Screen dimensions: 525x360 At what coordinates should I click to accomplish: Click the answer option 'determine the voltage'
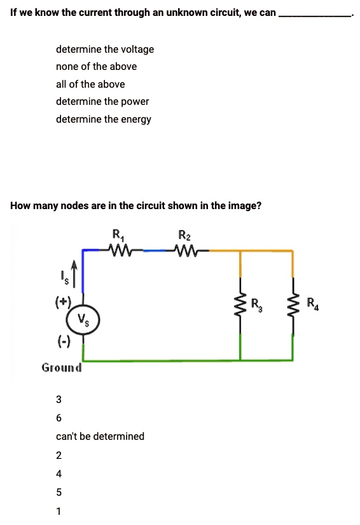coord(104,50)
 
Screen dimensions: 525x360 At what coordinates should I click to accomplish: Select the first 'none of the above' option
coord(96,67)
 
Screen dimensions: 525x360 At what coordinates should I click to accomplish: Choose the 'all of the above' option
coord(90,85)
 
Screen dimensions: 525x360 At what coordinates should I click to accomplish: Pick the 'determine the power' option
coord(102,102)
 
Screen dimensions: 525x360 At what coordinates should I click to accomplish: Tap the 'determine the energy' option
coord(103,119)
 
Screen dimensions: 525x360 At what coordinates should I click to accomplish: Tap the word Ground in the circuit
coord(62,367)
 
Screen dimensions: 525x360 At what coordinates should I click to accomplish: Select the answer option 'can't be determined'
coord(100,437)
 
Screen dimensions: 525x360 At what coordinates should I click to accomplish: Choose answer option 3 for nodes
coord(59,400)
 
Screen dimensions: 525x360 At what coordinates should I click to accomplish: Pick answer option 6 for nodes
coord(59,418)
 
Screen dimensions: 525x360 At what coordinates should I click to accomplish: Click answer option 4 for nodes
coord(59,474)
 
